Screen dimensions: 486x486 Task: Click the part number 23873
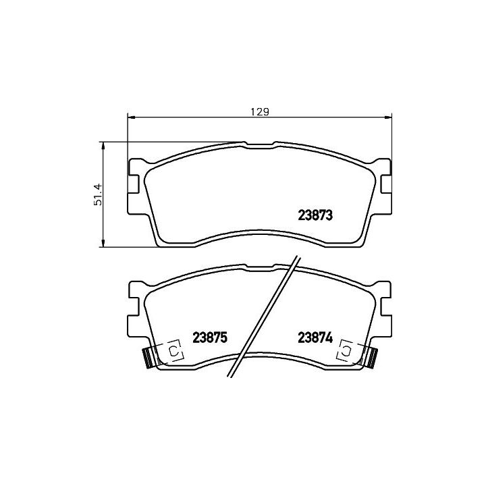315,215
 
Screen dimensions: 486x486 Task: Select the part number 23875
210,337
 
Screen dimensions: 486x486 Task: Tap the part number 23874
315,337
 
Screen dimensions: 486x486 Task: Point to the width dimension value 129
260,111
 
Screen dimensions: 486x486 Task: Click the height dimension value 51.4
98,194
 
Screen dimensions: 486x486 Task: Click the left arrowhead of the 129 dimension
132,117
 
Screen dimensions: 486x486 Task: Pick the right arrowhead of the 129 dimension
388,117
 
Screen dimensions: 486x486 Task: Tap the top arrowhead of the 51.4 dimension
103,146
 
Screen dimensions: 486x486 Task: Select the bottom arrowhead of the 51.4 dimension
103,243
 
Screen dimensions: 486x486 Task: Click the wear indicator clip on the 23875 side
174,351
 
